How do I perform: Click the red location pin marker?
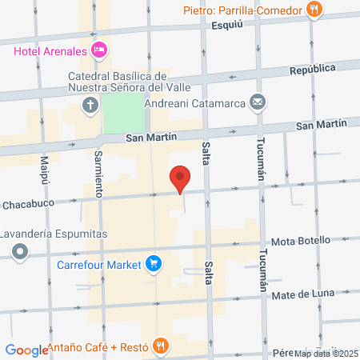tap(180, 178)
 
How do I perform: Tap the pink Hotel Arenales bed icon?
tap(99, 50)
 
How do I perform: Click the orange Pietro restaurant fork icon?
tap(315, 10)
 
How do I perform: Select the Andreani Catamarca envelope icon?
tap(257, 102)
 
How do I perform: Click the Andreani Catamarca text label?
tap(195, 102)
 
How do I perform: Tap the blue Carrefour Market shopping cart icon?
tap(154, 263)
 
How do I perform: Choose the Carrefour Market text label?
tap(98, 263)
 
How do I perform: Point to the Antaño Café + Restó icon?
tap(161, 346)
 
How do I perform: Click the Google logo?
tap(26, 350)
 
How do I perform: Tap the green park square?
tap(124, 112)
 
